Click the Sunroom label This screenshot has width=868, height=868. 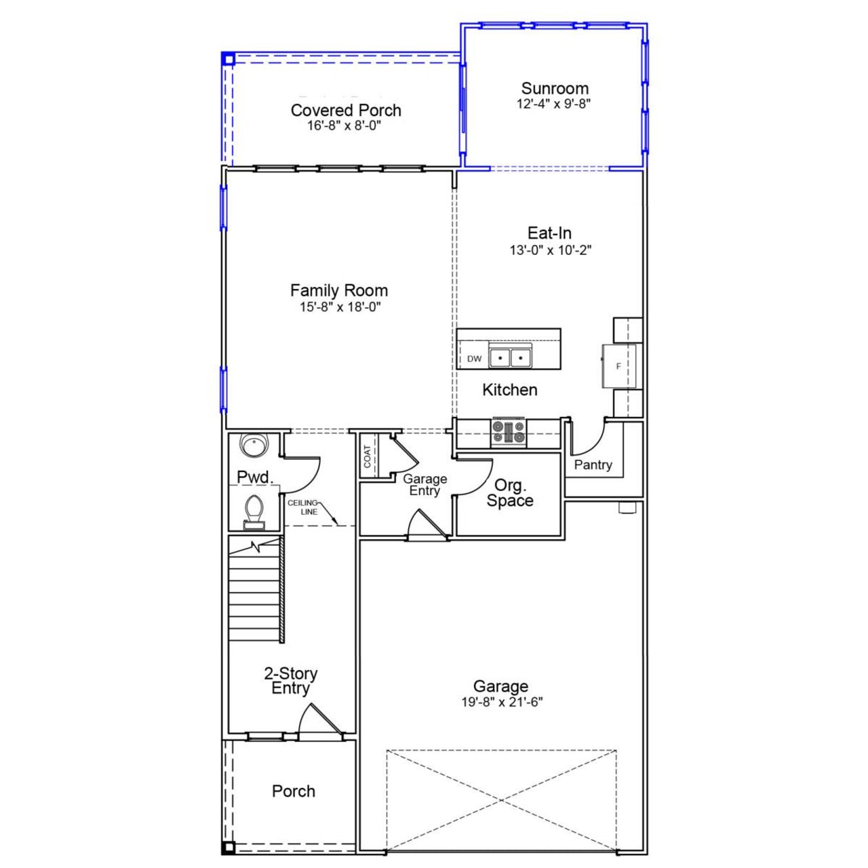[555, 88]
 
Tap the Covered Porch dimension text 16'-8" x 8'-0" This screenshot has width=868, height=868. [345, 126]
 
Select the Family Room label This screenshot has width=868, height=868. [339, 290]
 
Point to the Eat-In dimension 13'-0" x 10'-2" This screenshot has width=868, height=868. [551, 250]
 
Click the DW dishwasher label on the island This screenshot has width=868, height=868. [474, 359]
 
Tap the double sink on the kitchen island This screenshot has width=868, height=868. [510, 357]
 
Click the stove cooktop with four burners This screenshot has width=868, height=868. [509, 433]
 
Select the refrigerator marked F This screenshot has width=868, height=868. [618, 366]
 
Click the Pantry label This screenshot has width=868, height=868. [593, 465]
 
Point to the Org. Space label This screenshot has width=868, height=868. [509, 493]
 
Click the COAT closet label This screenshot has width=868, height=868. [368, 456]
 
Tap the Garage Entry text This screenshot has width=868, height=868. [425, 485]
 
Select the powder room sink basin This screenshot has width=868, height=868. [255, 446]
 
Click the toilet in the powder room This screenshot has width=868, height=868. [254, 510]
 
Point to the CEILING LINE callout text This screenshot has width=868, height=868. [302, 507]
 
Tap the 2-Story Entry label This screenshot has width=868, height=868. [290, 681]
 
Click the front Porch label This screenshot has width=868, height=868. [293, 791]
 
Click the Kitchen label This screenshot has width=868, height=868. [510, 390]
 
